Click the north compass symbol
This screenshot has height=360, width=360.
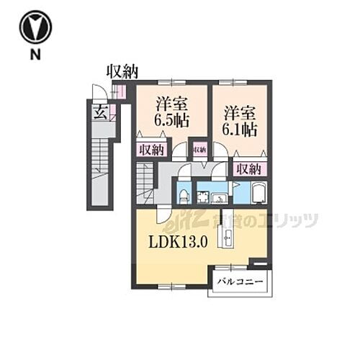coord(35,28)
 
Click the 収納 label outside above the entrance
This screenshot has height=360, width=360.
coord(122,71)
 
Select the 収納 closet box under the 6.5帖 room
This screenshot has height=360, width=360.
coord(151,149)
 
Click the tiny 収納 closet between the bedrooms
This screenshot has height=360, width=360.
coord(199,149)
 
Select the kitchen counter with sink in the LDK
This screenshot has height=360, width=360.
coord(228,238)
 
